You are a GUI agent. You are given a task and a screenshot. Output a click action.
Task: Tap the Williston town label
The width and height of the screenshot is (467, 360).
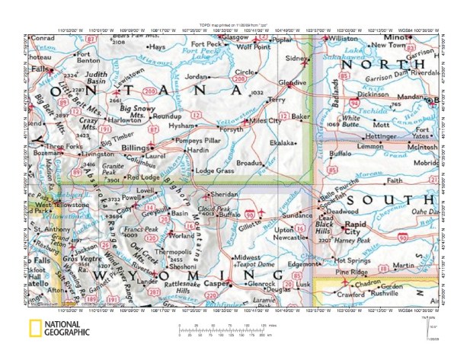[344, 38]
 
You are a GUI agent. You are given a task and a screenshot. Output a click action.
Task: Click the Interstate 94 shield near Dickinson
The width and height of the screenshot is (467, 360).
[354, 100]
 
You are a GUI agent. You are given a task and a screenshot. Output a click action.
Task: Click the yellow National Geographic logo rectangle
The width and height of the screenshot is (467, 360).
[34, 329]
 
